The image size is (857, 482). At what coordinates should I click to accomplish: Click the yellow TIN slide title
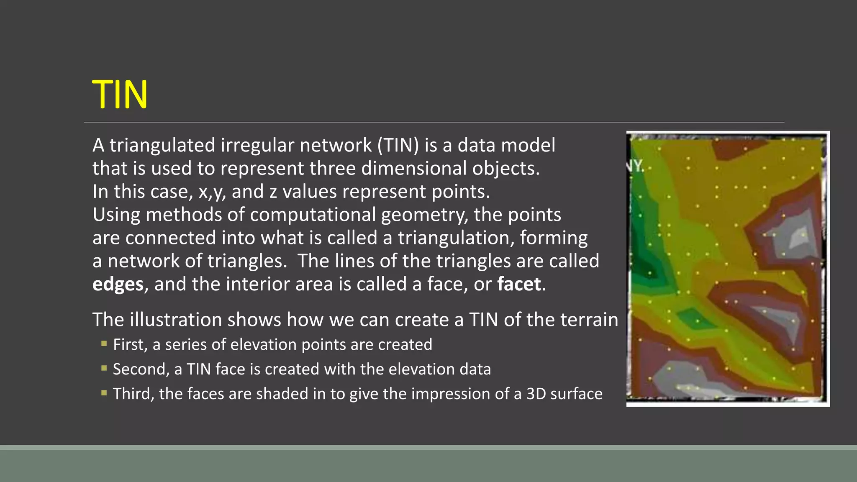coord(120,95)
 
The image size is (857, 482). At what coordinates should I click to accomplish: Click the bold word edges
coord(118,285)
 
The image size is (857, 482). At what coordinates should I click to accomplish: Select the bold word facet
coord(519,285)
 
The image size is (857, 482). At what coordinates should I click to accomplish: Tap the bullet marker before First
coord(104,344)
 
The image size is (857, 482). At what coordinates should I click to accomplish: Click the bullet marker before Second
coord(104,369)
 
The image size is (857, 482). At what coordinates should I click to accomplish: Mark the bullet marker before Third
coord(104,393)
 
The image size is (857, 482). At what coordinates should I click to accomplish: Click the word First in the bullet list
coord(130,345)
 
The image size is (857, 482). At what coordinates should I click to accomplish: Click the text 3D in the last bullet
coord(536,394)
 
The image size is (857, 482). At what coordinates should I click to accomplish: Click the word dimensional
coord(414,169)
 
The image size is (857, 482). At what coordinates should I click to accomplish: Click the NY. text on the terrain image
coord(635,166)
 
